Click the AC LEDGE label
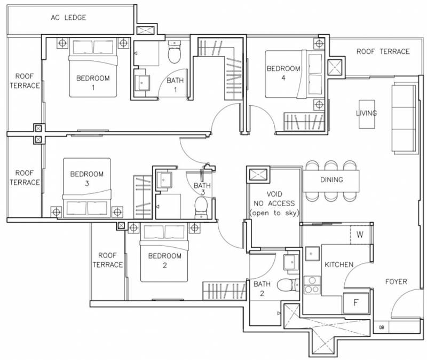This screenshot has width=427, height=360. pyautogui.click(x=68, y=18)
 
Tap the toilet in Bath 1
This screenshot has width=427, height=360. pyautogui.click(x=175, y=52)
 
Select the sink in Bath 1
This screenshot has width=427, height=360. pyautogui.click(x=142, y=83)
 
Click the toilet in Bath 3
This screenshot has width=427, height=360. pyautogui.click(x=201, y=208)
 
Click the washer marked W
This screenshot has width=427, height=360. pyautogui.click(x=360, y=234)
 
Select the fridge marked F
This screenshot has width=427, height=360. pyautogui.click(x=355, y=302)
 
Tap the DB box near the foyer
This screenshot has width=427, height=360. pyautogui.click(x=382, y=327)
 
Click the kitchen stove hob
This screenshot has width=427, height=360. pyautogui.click(x=312, y=285)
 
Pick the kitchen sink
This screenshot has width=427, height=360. pyautogui.click(x=312, y=254)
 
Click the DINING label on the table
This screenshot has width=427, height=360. pyautogui.click(x=331, y=179)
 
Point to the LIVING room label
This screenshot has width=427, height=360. pyautogui.click(x=367, y=113)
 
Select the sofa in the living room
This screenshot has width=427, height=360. pyautogui.click(x=404, y=118)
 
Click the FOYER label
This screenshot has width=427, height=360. pyautogui.click(x=396, y=281)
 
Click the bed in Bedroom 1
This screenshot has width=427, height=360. pyautogui.click(x=93, y=67)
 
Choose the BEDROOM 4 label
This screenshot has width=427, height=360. pyautogui.click(x=283, y=73)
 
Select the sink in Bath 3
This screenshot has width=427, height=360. pyautogui.click(x=164, y=180)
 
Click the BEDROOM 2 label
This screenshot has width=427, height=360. pyautogui.click(x=165, y=260)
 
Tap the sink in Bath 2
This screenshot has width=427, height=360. pyautogui.click(x=291, y=262)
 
